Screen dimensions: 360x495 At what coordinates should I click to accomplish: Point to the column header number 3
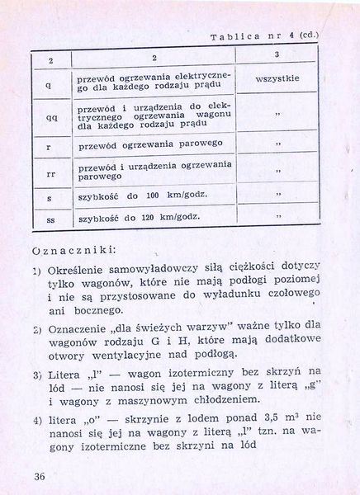point(276,54)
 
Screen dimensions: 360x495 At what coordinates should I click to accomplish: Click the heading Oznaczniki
point(73,247)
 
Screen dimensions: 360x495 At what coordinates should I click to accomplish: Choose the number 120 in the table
point(155,219)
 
